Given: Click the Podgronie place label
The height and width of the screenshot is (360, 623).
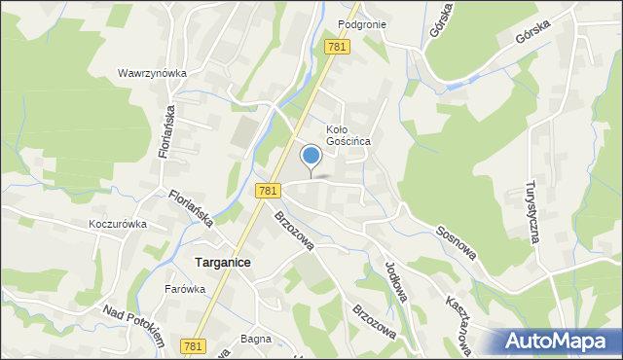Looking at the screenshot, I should pos(362,24).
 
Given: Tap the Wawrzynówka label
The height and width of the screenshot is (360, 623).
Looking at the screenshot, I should pos(152,73).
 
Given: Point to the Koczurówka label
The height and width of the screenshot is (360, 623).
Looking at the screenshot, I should pos(117,223).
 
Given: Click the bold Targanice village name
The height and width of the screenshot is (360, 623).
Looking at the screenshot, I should pos(223,263).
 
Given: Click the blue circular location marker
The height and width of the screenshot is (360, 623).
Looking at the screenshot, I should pos(311,155).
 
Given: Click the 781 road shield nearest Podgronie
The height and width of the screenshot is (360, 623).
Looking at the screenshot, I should pos(337,48).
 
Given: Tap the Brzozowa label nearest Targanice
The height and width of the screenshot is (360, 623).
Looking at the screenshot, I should pos(294,231).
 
